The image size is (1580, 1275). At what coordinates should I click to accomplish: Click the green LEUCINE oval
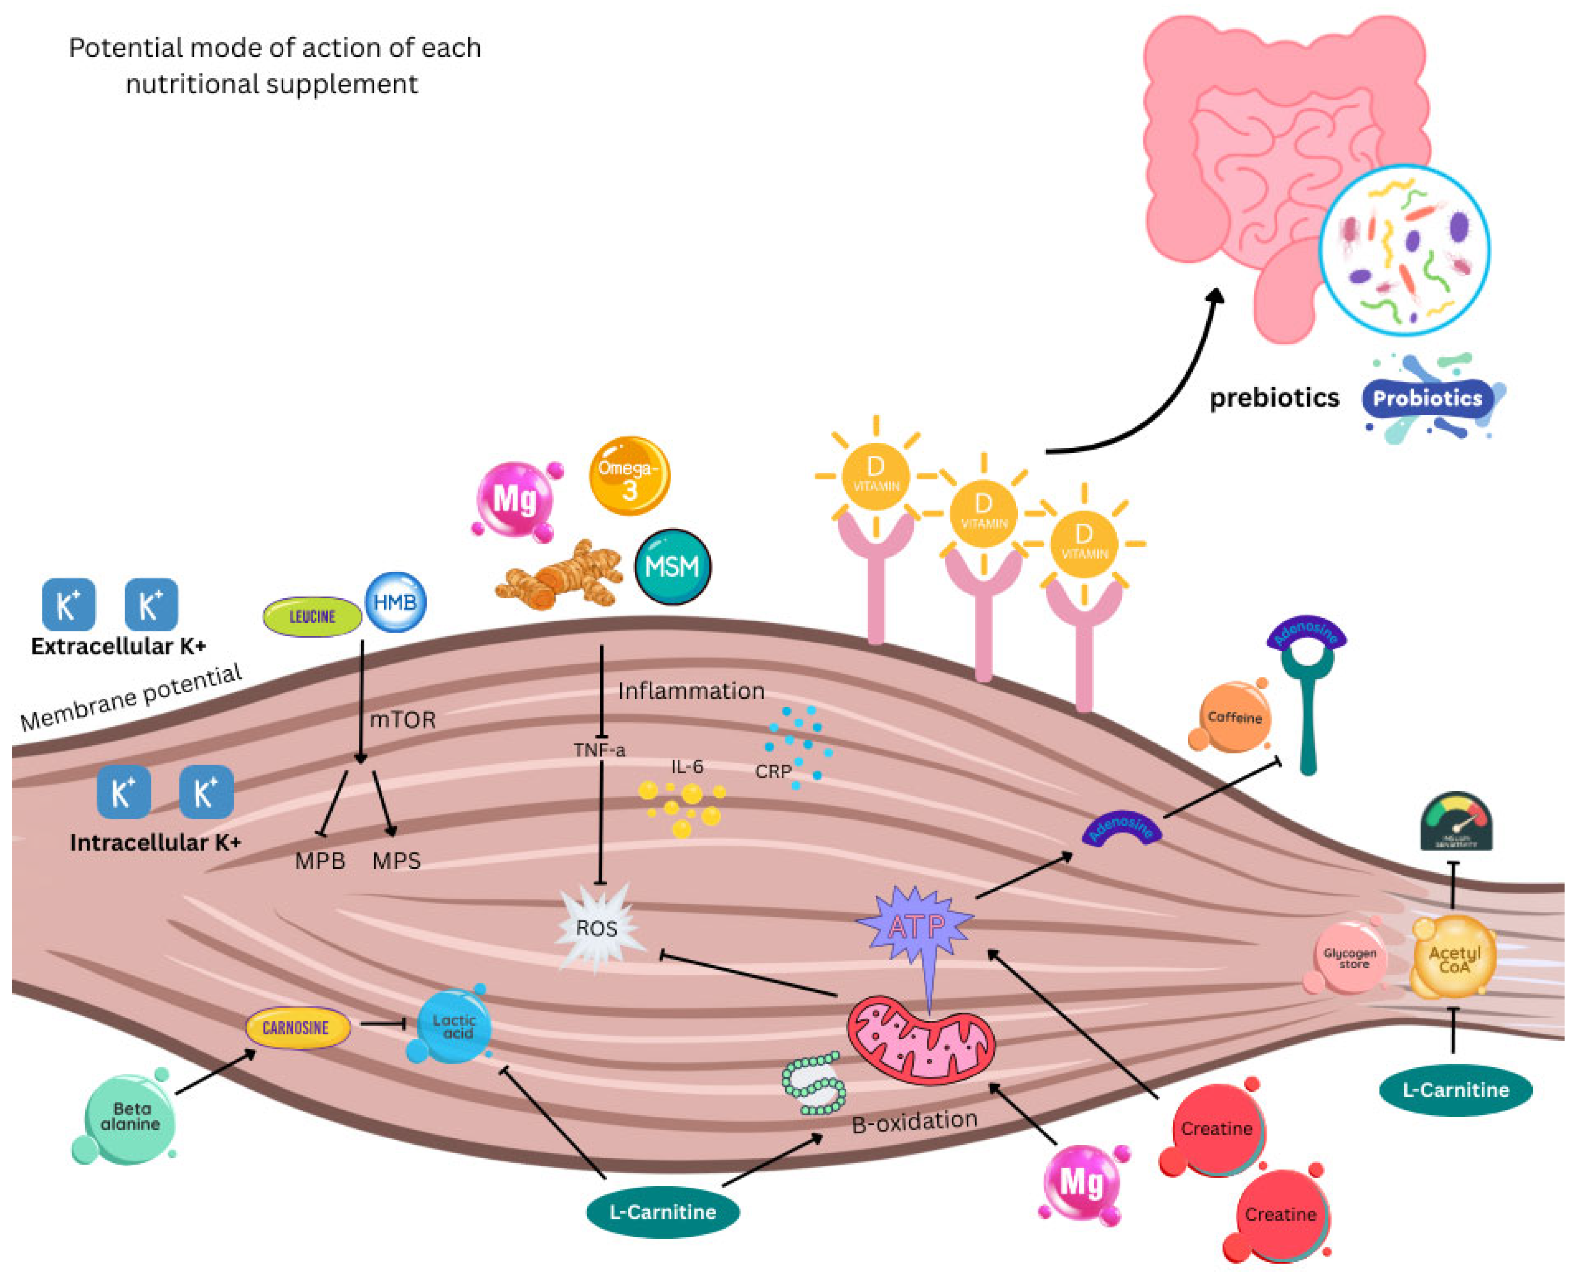312,617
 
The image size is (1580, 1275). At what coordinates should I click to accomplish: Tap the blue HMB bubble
395,602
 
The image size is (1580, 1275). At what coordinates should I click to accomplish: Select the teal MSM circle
672,567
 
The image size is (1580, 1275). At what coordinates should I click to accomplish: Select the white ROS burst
597,929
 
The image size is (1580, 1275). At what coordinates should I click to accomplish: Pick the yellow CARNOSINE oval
297,1027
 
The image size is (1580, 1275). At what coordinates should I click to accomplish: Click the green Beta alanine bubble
130,1117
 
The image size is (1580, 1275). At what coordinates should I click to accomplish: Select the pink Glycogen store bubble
1349,958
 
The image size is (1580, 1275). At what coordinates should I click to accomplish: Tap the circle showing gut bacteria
1404,250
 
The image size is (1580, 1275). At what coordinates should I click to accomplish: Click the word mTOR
403,720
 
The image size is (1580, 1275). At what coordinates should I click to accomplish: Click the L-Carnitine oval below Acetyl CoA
1455,1090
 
